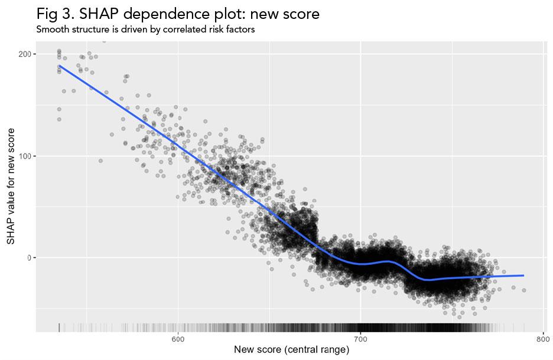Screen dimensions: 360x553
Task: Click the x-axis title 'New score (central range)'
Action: point(291,350)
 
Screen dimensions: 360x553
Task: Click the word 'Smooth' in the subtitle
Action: point(52,30)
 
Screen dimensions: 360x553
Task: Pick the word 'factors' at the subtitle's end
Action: point(240,30)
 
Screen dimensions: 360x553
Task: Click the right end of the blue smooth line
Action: point(523,275)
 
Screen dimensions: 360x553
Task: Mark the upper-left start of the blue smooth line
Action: point(59,66)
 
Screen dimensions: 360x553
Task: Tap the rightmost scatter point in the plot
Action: point(523,290)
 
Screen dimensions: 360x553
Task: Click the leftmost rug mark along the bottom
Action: point(59,327)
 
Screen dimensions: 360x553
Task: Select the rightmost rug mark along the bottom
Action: point(523,327)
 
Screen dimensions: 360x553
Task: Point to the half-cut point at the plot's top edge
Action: point(104,42)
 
